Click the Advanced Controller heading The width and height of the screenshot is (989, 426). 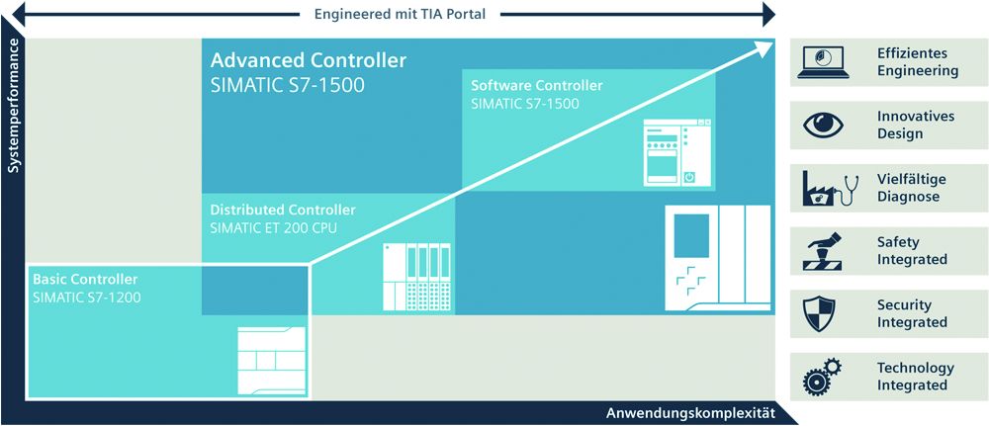click(308, 61)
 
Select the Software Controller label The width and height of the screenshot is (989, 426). click(536, 86)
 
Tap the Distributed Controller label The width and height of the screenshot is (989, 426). click(283, 210)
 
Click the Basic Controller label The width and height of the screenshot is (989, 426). click(85, 279)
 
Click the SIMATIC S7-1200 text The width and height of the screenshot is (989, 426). click(88, 296)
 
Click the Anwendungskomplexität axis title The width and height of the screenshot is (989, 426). click(690, 412)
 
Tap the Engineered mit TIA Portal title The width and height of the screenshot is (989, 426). click(400, 14)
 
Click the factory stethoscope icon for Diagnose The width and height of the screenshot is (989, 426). click(825, 188)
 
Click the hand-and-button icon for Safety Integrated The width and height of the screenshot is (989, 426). click(825, 250)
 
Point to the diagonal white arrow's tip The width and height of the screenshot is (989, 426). click(769, 43)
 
